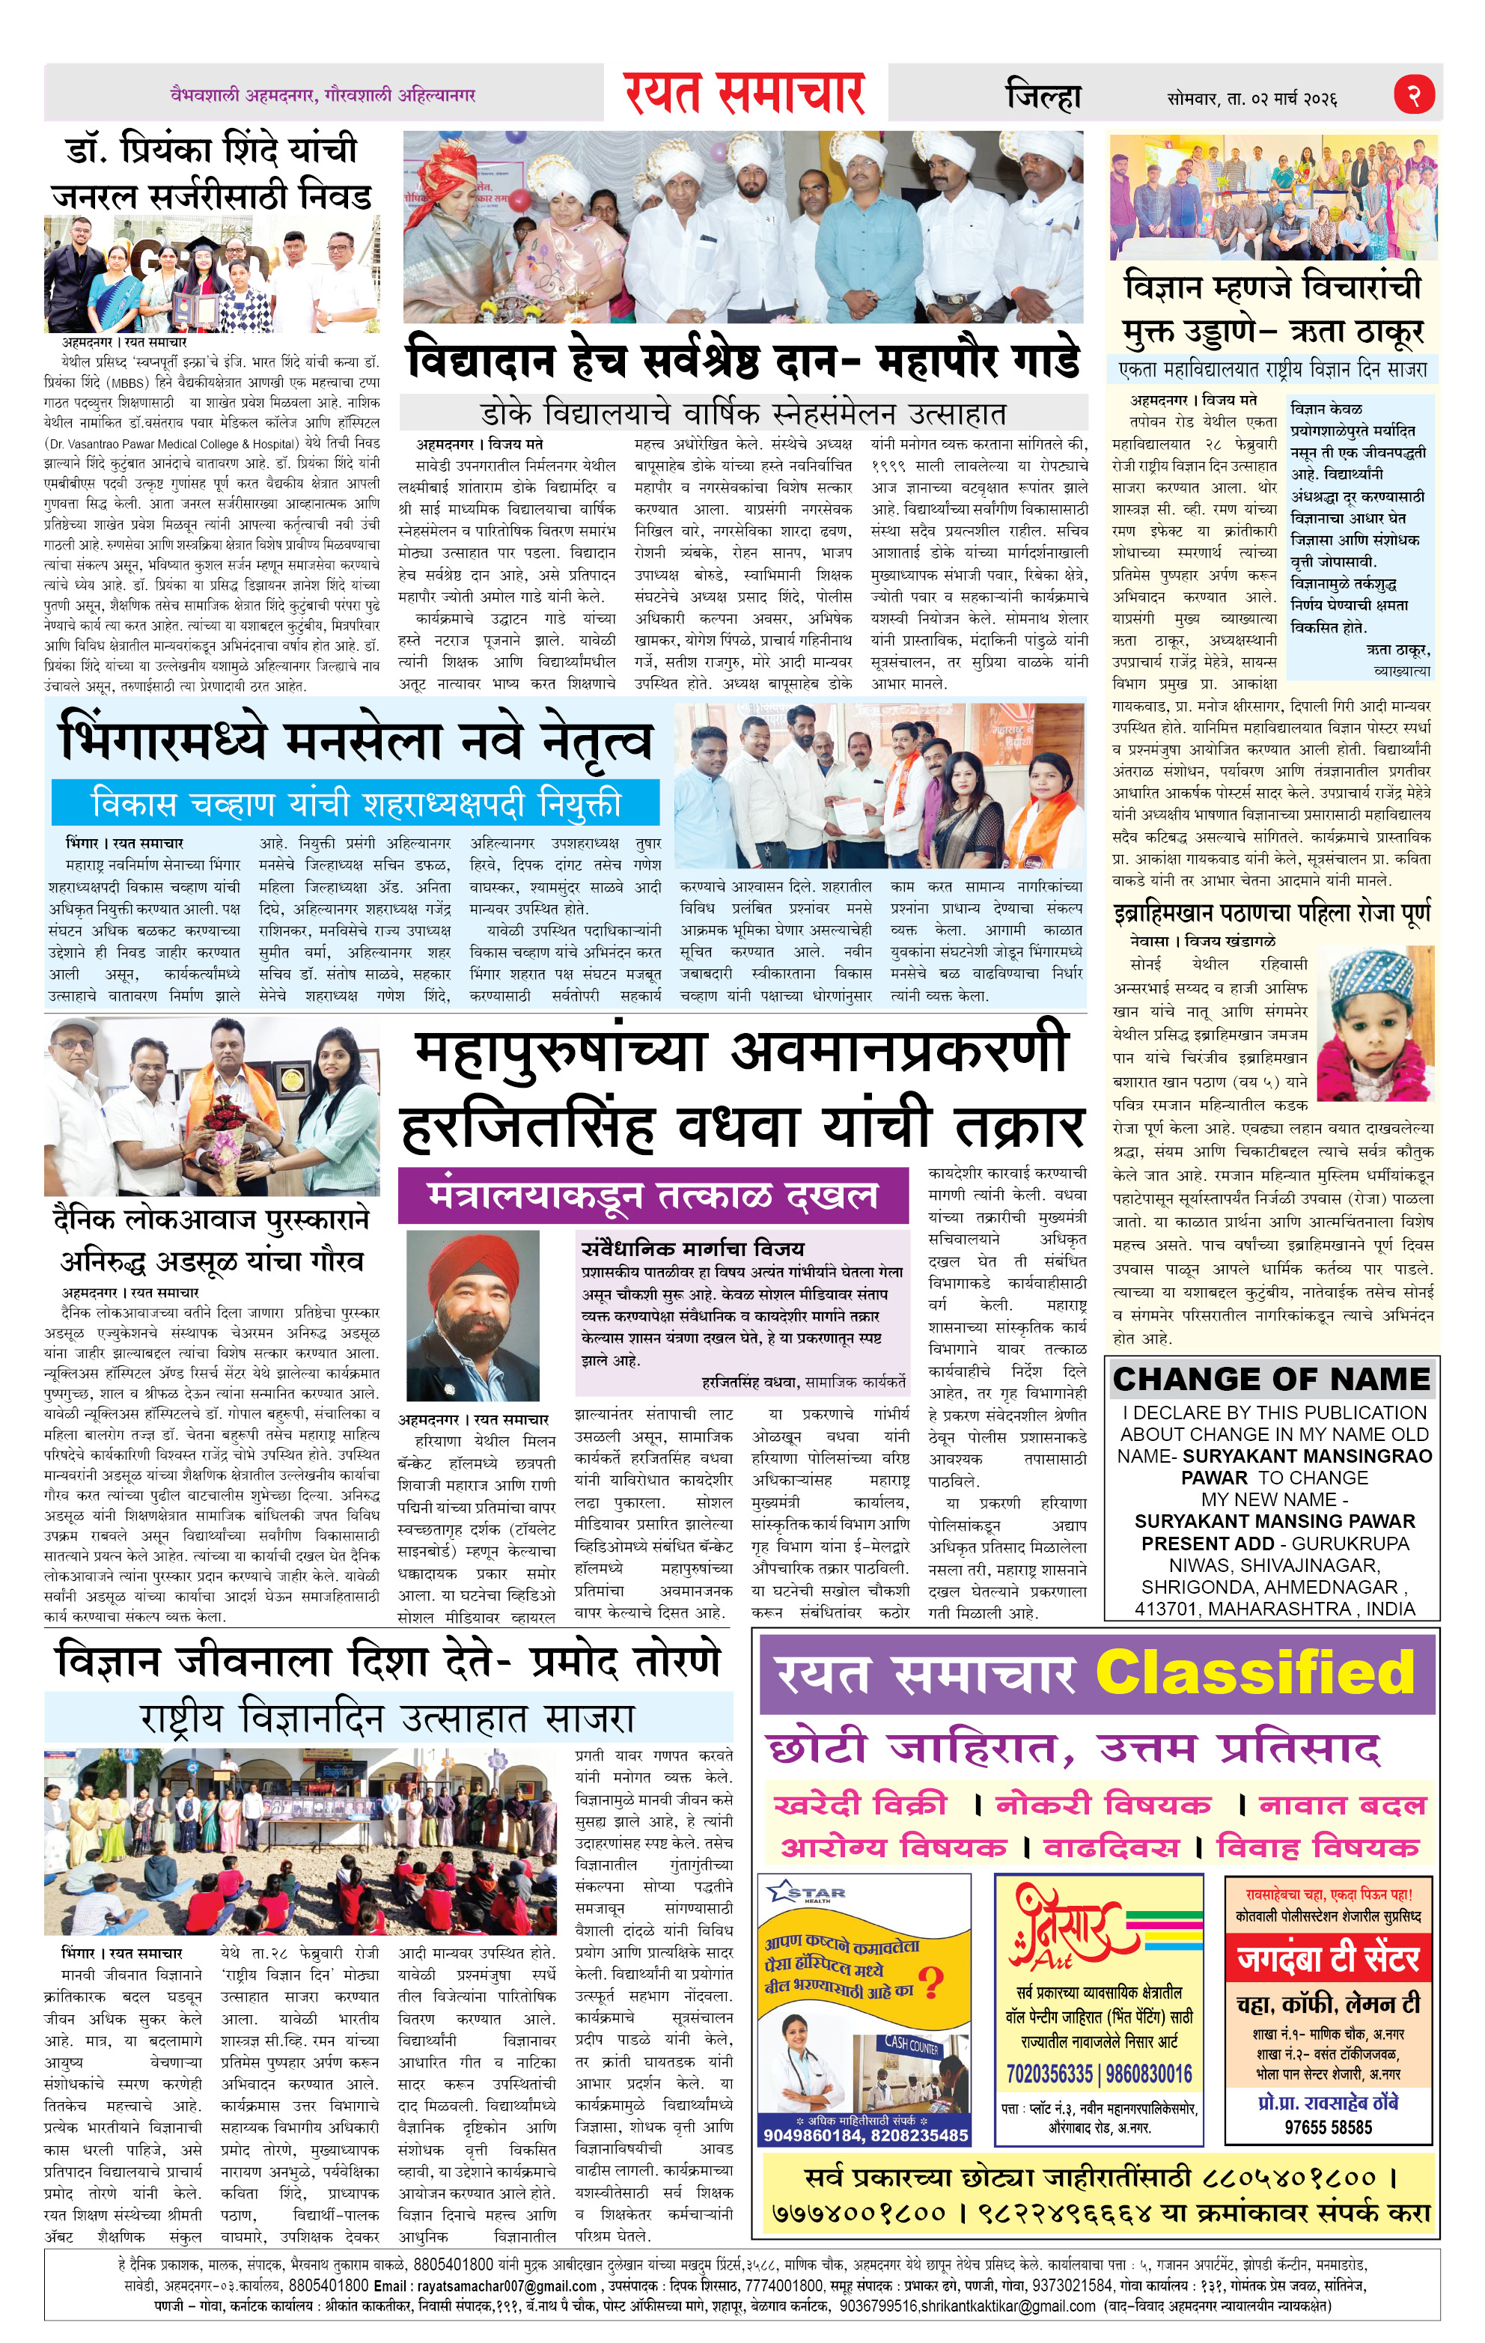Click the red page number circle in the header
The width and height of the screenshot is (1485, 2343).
1415,94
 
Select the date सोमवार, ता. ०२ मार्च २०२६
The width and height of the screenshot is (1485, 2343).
1252,98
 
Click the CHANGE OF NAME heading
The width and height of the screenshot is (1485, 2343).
1271,1379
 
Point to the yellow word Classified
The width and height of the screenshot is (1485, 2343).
1254,1672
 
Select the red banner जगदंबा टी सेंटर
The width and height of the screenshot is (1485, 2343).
1329,1957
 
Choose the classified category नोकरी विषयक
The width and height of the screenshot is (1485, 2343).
1103,1805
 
